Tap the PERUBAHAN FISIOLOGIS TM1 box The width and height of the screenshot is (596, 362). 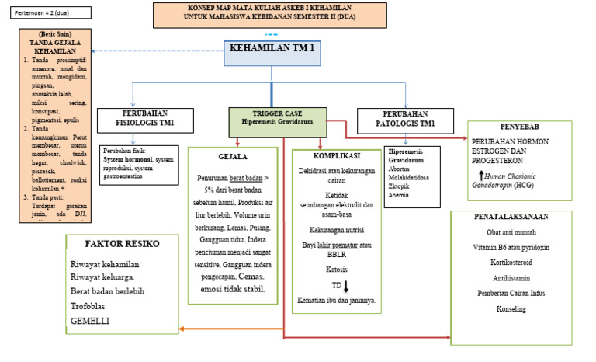[x=140, y=120]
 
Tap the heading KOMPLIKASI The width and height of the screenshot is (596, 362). [x=336, y=155]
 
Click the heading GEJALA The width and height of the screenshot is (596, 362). [x=232, y=157]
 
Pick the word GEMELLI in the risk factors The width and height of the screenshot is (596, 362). [x=91, y=320]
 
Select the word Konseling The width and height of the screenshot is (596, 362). [x=514, y=309]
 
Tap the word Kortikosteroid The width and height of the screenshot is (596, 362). [x=514, y=263]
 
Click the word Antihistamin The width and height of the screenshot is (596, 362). [x=514, y=277]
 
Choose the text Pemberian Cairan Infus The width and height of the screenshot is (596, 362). [x=514, y=293]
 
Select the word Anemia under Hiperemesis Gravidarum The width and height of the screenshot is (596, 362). [x=400, y=195]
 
